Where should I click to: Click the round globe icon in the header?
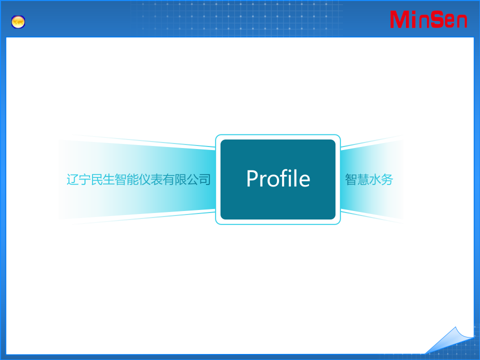pyautogui.click(x=18, y=22)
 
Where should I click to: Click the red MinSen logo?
pyautogui.click(x=428, y=19)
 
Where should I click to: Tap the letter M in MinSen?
pyautogui.click(x=400, y=19)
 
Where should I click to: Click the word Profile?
pyautogui.click(x=278, y=179)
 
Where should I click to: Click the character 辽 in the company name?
pyautogui.click(x=72, y=179)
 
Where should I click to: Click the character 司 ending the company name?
pyautogui.click(x=204, y=179)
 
